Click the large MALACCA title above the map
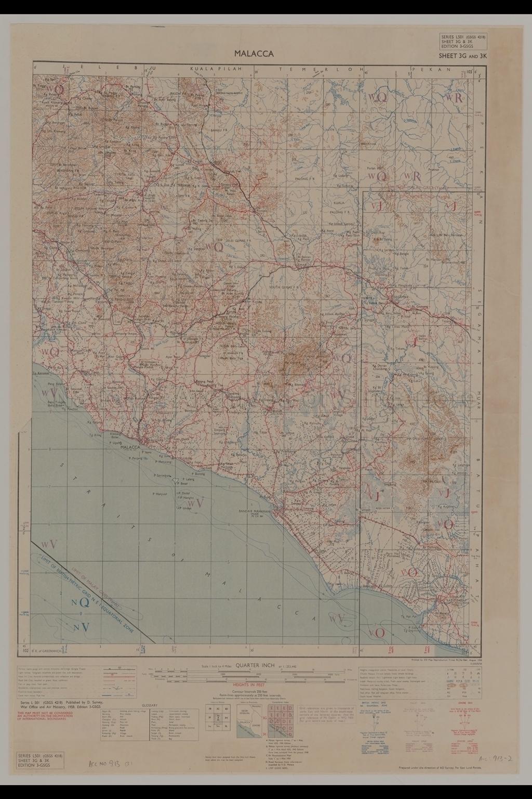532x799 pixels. tap(254, 53)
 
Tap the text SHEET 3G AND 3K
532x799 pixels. tap(462, 55)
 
